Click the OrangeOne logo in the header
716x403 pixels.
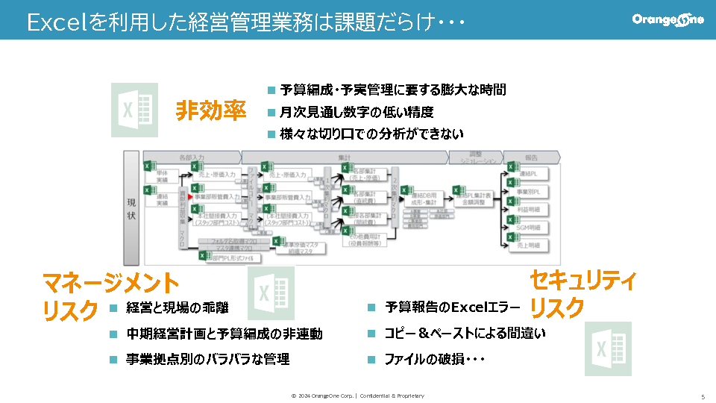(x=668, y=20)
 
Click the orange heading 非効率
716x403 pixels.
(x=211, y=111)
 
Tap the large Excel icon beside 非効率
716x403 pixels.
(x=134, y=110)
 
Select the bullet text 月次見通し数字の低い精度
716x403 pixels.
(x=357, y=112)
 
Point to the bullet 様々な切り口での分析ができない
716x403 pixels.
(x=371, y=134)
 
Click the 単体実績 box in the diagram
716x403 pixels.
(x=163, y=175)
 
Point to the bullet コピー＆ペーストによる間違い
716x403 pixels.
(x=465, y=334)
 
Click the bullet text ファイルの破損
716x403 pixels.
(x=435, y=360)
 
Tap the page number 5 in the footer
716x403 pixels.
(x=703, y=396)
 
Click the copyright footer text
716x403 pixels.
(x=357, y=396)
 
